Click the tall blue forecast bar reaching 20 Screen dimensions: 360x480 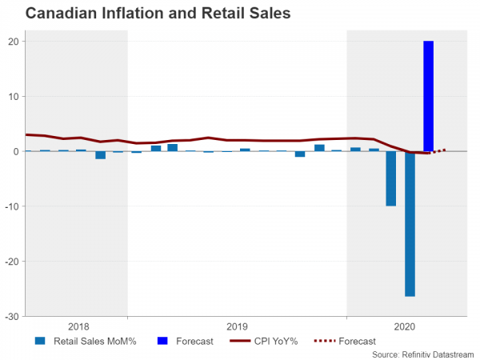(429, 96)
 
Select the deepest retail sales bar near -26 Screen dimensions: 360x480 (410, 224)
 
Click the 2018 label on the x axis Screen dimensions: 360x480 (78, 326)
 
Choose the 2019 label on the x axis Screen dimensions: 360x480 (237, 326)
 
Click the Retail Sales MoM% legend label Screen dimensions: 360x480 (95, 342)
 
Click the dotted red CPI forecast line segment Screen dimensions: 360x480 (438, 151)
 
